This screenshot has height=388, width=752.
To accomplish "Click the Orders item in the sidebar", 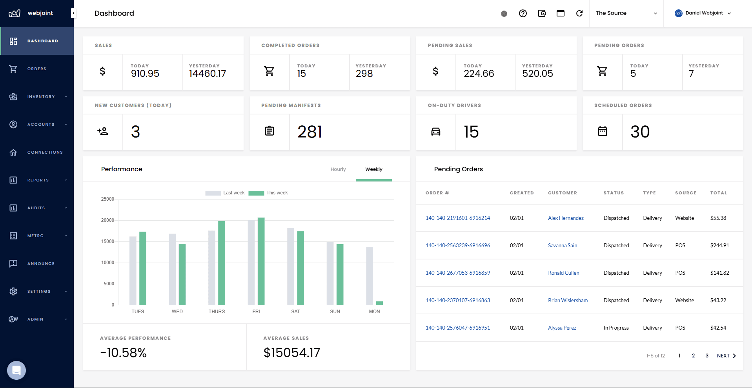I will pyautogui.click(x=36, y=69).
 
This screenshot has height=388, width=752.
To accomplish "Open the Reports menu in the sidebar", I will pyautogui.click(x=38, y=180).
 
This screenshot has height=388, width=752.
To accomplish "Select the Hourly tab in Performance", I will pyautogui.click(x=338, y=169).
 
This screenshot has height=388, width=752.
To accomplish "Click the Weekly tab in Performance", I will pyautogui.click(x=373, y=169).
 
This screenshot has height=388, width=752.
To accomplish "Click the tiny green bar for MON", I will pyautogui.click(x=379, y=303).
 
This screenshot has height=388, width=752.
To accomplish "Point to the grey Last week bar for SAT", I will pyautogui.click(x=291, y=267).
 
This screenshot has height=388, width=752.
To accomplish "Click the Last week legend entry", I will pyautogui.click(x=225, y=193).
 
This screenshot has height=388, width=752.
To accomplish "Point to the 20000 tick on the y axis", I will pyautogui.click(x=107, y=220).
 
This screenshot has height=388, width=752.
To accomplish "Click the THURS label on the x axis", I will pyautogui.click(x=217, y=312).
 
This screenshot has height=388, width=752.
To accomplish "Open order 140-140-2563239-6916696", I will pyautogui.click(x=457, y=245).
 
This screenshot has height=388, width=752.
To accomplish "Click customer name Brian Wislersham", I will pyautogui.click(x=568, y=300).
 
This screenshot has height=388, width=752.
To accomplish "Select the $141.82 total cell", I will pyautogui.click(x=719, y=273).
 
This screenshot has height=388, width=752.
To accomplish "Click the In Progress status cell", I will pyautogui.click(x=616, y=328).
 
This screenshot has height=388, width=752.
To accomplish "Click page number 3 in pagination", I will pyautogui.click(x=707, y=356).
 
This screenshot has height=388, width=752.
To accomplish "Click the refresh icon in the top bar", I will pyautogui.click(x=579, y=13).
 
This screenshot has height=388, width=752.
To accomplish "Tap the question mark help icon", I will pyautogui.click(x=523, y=13).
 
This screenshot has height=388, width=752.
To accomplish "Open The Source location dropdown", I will pyautogui.click(x=626, y=13).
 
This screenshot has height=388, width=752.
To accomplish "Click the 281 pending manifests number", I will pyautogui.click(x=310, y=132).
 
